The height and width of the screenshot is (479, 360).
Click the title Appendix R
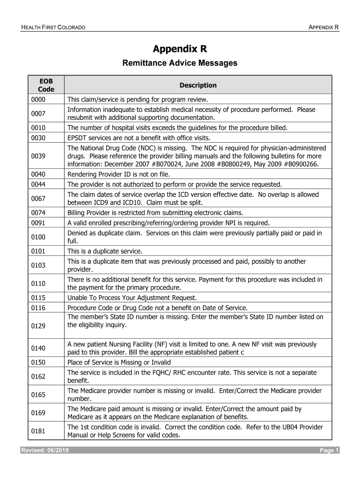180,49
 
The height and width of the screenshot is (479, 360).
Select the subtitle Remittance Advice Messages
180,63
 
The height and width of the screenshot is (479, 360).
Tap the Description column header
198,85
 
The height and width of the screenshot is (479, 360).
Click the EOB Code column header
46,85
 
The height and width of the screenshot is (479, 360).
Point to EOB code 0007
38,114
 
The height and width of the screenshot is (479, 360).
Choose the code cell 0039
38,156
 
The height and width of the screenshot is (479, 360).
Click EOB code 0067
38,198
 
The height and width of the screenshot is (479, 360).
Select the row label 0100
38,237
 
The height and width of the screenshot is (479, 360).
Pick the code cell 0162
38,376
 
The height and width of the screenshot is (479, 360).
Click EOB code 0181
38,431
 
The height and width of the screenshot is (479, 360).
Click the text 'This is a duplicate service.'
105,251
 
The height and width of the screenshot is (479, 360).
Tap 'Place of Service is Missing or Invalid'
119,363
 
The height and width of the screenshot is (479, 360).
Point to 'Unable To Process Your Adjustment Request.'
132,298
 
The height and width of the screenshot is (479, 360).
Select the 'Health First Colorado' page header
53,28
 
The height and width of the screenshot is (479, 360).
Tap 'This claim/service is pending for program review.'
137,100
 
